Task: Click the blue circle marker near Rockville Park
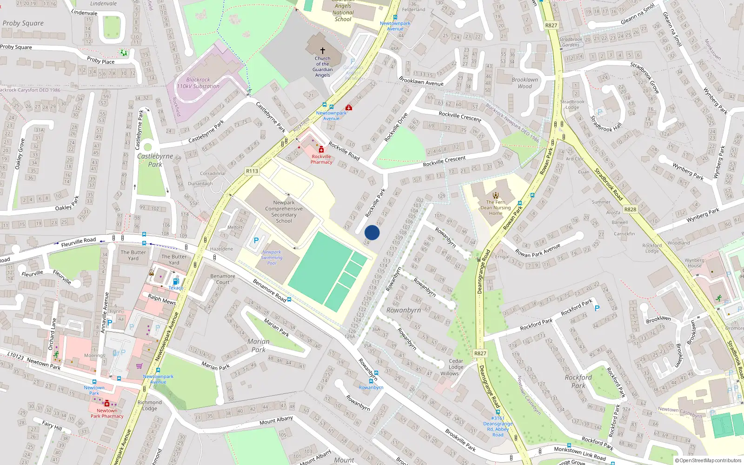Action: pos(372,232)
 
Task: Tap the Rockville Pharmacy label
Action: pos(321,159)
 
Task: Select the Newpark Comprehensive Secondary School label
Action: pos(284,212)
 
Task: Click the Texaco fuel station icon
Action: pos(176,281)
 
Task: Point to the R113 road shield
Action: pos(252,171)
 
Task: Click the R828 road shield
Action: pos(630,209)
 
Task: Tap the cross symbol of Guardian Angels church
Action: pos(322,50)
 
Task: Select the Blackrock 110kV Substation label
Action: pos(198,83)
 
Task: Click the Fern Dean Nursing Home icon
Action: pos(496,195)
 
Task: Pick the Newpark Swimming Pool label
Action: pos(272,258)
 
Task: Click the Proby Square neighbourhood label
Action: pos(23,23)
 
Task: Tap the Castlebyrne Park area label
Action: pos(155,160)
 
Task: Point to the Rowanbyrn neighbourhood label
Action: pos(403,310)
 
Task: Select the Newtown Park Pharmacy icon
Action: pos(107,404)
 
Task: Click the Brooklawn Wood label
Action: pos(525,83)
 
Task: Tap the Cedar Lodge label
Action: pos(456,364)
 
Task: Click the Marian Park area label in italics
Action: pos(258,345)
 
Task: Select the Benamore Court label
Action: pos(223,279)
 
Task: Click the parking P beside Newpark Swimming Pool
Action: pos(256,240)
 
